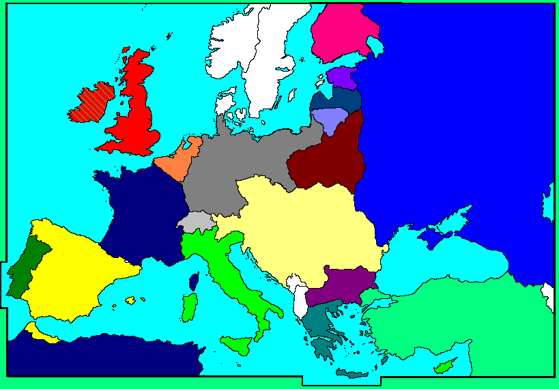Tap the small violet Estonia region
coord(341,77)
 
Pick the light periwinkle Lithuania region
coord(329,119)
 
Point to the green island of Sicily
coord(235,345)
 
